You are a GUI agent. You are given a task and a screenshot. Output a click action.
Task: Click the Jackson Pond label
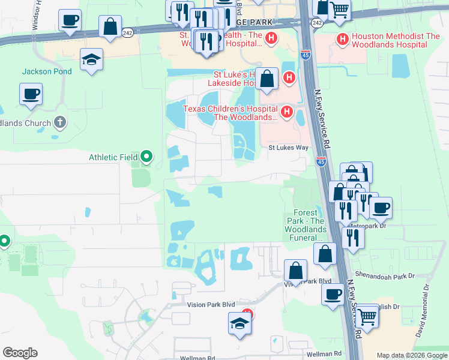47,71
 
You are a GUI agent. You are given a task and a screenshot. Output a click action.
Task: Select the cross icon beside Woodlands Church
59,123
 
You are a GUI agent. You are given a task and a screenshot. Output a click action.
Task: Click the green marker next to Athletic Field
146,158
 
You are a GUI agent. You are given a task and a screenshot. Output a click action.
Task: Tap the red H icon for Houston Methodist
343,40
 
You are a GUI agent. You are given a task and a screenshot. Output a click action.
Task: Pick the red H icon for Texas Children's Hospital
287,112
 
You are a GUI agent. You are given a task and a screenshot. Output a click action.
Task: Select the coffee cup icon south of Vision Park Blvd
333,294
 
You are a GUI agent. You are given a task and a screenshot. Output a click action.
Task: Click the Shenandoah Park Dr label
385,275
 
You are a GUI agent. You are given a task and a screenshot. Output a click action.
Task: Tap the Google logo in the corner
20,353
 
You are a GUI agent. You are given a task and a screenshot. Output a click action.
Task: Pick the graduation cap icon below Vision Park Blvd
240,323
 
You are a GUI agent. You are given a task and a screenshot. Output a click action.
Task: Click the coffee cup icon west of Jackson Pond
31,94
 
